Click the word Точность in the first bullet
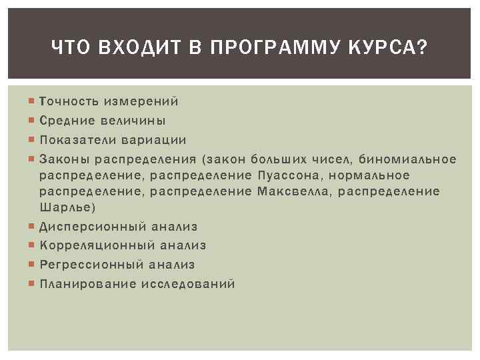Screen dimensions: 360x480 [x=69, y=101]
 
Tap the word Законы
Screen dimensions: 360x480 [x=64, y=159]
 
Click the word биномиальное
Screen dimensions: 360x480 [x=407, y=159]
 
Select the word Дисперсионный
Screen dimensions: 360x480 [x=91, y=227]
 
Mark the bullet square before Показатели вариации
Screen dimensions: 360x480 [x=33, y=140]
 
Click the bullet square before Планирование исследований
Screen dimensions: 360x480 [x=33, y=284]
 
